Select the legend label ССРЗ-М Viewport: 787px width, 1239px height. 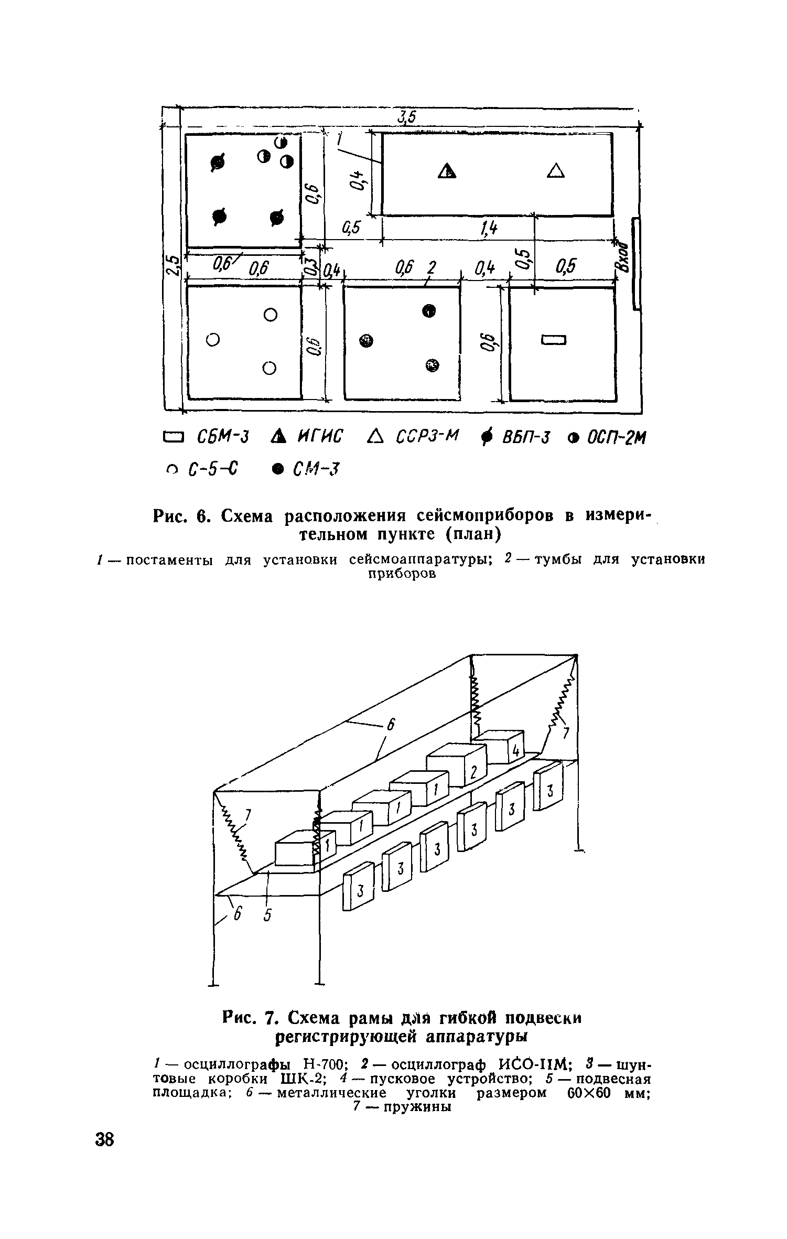click(x=426, y=435)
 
